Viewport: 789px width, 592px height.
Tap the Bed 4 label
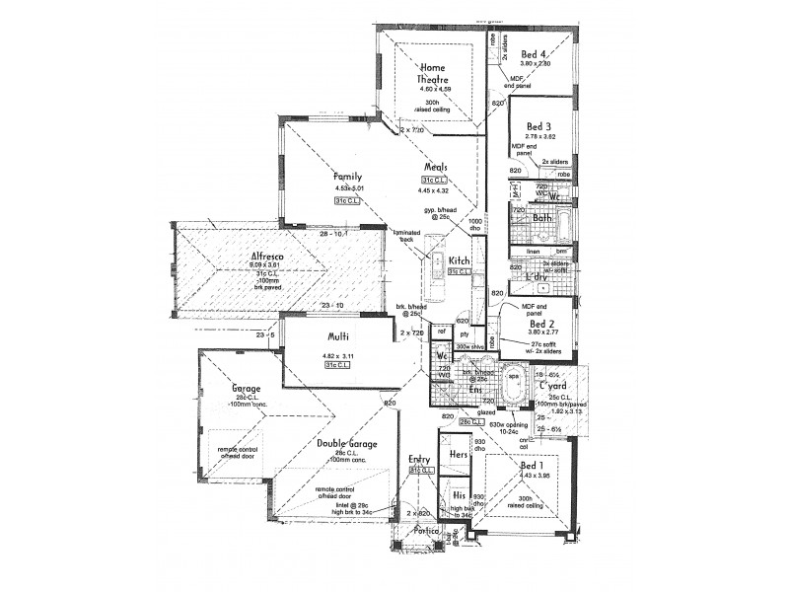[536, 53]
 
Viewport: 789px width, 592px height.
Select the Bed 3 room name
[538, 126]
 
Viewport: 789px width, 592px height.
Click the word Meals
[438, 168]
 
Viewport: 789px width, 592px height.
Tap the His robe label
[459, 494]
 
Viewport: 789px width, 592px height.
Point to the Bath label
[541, 218]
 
